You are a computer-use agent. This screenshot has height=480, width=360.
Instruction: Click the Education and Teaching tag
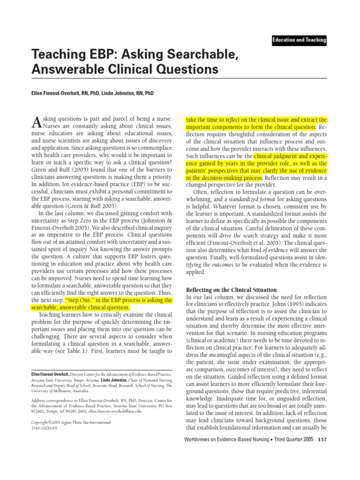point(299,40)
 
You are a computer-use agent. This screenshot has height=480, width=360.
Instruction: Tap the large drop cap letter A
point(36,123)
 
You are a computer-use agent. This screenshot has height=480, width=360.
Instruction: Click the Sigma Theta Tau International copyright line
point(70,422)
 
